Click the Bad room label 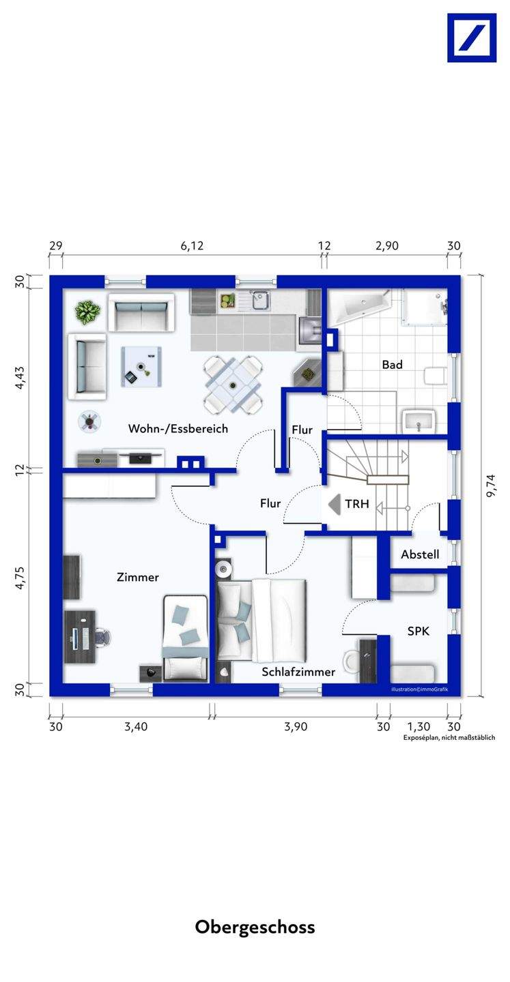tap(392, 364)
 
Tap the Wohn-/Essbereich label tap(178, 428)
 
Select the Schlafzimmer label tap(298, 672)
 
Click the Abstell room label tap(420, 554)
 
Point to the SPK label tap(419, 631)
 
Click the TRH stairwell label tap(357, 504)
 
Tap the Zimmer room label tap(138, 578)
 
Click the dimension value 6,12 tap(193, 246)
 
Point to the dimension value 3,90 tap(296, 726)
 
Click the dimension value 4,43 tap(20, 378)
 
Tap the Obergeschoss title tap(255, 927)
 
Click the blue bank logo tap(472, 38)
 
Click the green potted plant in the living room tap(88, 312)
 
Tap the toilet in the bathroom tap(436, 376)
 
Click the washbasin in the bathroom tap(419, 421)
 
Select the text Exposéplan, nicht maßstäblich tap(449, 737)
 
